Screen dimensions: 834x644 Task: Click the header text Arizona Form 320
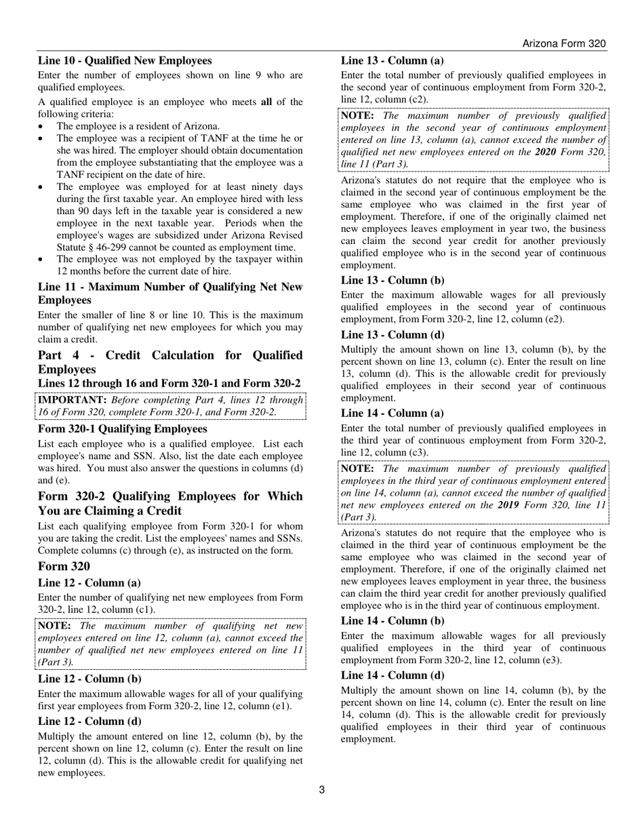pos(563,43)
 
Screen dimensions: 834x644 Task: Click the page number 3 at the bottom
pos(322,789)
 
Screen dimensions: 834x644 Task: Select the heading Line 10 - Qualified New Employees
pos(125,61)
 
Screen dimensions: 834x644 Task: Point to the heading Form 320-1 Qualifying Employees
pos(122,429)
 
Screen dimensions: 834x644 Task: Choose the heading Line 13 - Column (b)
pos(393,280)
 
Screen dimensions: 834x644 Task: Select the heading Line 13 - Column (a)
pos(393,61)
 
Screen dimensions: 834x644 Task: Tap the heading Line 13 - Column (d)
pos(393,335)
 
